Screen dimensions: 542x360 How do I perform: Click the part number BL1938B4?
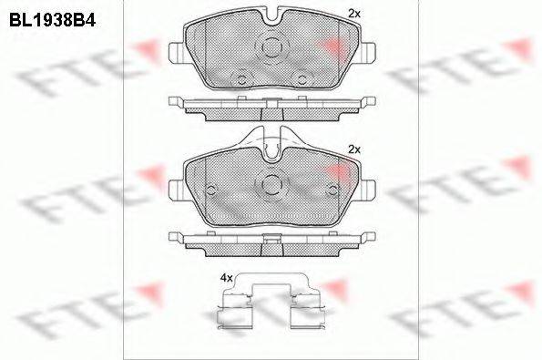pos(52,21)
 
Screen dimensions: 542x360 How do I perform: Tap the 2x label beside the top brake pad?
pos(354,14)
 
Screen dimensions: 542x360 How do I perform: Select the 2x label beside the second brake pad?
pos(354,149)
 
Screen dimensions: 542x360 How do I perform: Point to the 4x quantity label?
pos(227,278)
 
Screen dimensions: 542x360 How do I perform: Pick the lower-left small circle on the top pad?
pos(241,80)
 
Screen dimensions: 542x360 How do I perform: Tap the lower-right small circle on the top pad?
pos(302,80)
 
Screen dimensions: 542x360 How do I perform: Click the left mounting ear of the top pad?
pos(177,53)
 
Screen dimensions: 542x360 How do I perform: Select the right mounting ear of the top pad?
pos(367,53)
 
